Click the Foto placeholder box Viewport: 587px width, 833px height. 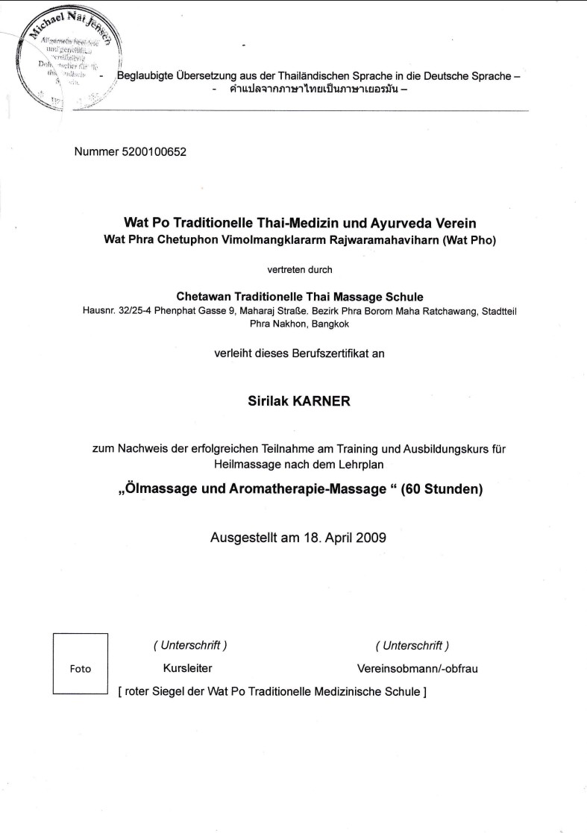(80, 664)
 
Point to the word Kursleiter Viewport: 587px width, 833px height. (187, 668)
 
